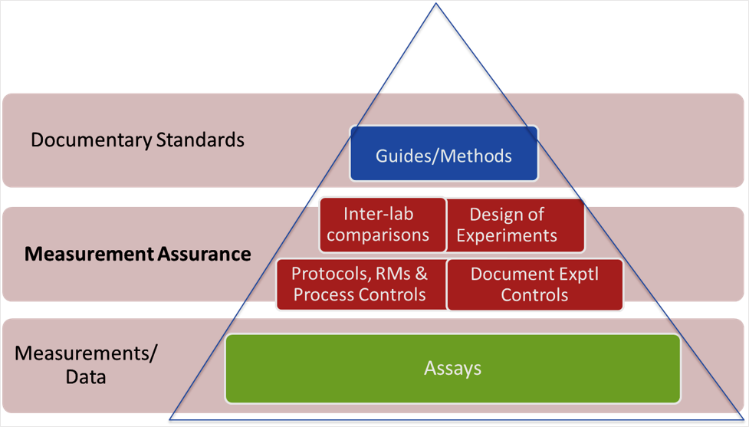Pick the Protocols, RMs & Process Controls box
[x=360, y=284]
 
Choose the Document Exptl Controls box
[x=534, y=284]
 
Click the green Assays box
[x=452, y=368]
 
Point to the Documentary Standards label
[x=137, y=140]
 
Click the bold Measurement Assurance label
[x=137, y=254]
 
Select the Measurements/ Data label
[x=85, y=365]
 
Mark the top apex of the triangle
[x=436, y=4]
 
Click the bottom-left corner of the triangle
[x=170, y=419]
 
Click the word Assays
[x=452, y=369]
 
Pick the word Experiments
[x=507, y=235]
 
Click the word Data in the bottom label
[x=85, y=377]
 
